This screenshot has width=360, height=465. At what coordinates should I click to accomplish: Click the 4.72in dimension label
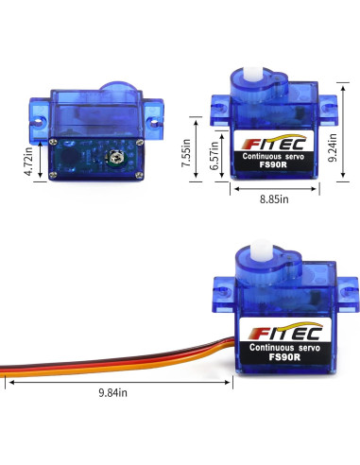(31, 160)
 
